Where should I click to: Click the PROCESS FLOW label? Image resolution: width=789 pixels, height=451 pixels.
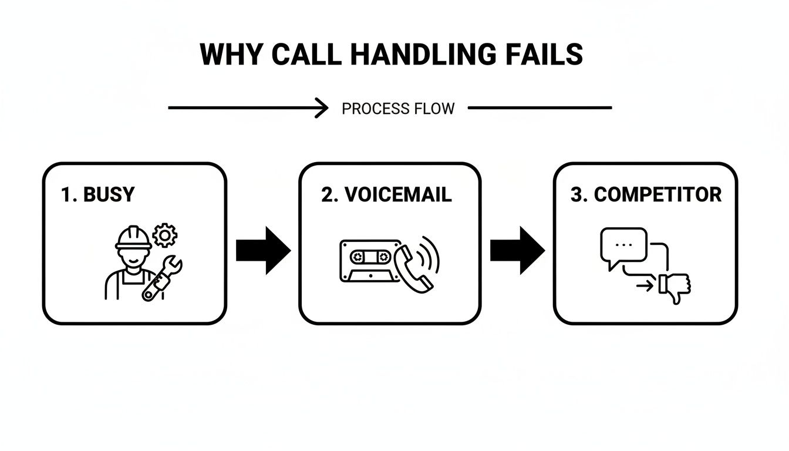pyautogui.click(x=398, y=109)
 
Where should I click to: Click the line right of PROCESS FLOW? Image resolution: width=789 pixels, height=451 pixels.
pyautogui.click(x=540, y=108)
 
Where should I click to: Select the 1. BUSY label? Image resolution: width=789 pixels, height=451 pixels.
pyautogui.click(x=97, y=195)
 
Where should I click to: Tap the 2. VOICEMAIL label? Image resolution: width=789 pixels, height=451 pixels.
pyautogui.click(x=386, y=195)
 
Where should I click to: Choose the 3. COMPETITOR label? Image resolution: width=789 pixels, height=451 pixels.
pyautogui.click(x=646, y=195)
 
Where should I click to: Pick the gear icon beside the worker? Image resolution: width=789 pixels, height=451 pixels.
pyautogui.click(x=164, y=235)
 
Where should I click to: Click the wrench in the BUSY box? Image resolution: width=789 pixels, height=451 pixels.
pyautogui.click(x=162, y=279)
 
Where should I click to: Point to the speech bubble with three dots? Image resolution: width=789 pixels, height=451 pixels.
pyautogui.click(x=623, y=245)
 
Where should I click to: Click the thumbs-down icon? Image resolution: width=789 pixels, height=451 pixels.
pyautogui.click(x=675, y=287)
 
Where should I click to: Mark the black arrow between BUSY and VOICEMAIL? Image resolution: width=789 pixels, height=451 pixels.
pyautogui.click(x=262, y=250)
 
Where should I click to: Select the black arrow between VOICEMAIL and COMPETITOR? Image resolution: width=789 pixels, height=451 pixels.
pyautogui.click(x=517, y=250)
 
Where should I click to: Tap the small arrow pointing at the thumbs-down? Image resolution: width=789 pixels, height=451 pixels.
pyautogui.click(x=645, y=287)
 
